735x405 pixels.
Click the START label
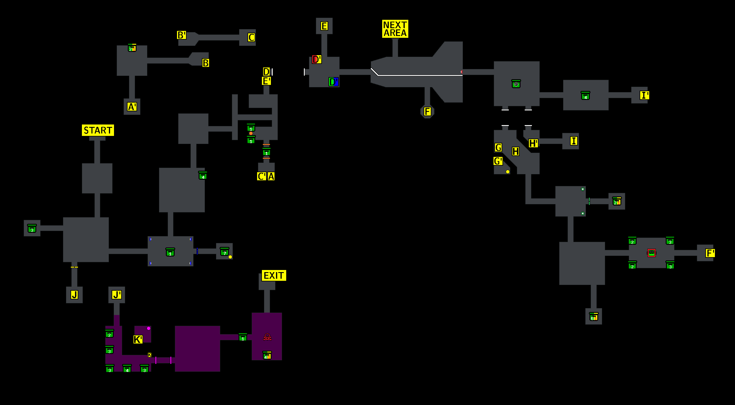coord(98,130)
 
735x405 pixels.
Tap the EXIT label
coord(274,275)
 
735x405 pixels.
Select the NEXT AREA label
coord(395,29)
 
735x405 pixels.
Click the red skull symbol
coord(267,337)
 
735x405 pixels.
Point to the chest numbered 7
coord(224,252)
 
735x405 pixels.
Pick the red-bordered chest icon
coord(651,253)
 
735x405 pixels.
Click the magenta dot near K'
coord(148,328)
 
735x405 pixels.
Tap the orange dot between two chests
coord(251,133)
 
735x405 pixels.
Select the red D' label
coord(316,59)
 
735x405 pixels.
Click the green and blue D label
coord(334,82)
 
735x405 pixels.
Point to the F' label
coord(710,253)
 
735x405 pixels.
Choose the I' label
coord(644,95)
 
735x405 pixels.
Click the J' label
coord(116,295)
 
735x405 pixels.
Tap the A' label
coord(132,107)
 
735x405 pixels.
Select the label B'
coord(181,35)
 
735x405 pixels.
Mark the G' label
coord(498,161)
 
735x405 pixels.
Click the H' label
coord(533,143)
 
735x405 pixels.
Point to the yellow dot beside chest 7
coord(230,257)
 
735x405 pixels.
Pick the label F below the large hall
coord(427,112)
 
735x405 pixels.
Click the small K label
coord(149,355)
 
